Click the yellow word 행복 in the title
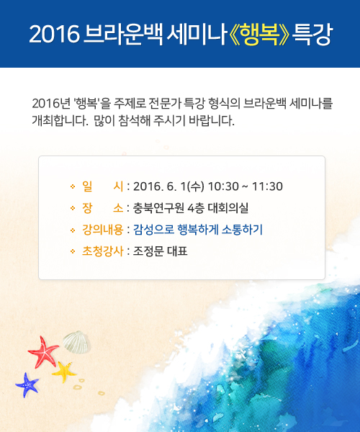tap(259, 35)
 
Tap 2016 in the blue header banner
tap(54, 34)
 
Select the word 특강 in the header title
tap(312, 35)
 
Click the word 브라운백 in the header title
tap(123, 35)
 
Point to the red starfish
tap(43, 352)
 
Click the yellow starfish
tap(64, 372)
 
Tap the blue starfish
tap(27, 385)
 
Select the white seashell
tap(76, 343)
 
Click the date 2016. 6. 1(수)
tap(168, 186)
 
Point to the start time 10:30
tap(223, 186)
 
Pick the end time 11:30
tap(267, 186)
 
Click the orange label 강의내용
tap(102, 230)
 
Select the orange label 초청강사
tap(102, 251)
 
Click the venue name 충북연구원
tap(158, 208)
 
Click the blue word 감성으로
tap(153, 230)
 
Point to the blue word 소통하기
tap(242, 230)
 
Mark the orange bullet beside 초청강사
tap(73, 251)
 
